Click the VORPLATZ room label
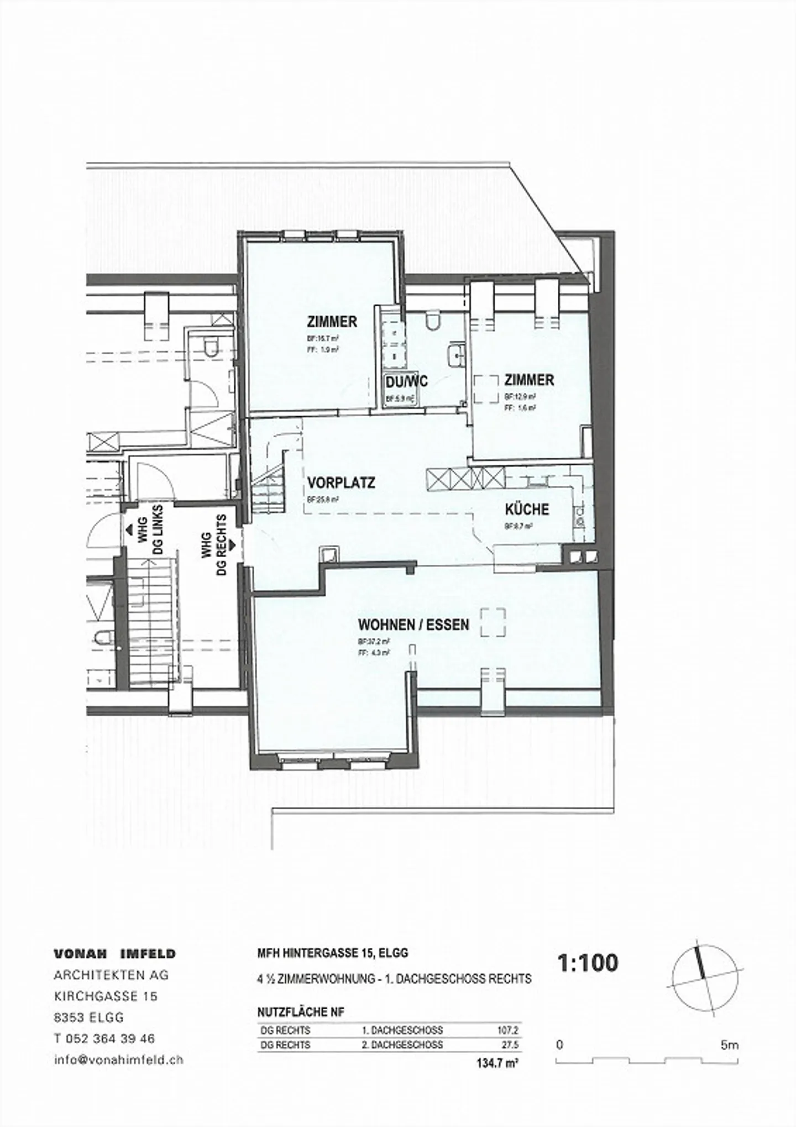341,483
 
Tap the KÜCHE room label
526,509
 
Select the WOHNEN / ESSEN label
413,625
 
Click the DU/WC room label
406,382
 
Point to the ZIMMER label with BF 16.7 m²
332,321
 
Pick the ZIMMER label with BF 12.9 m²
528,380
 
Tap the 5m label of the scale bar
729,1045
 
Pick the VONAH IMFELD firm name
114,954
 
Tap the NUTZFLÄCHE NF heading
301,1013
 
